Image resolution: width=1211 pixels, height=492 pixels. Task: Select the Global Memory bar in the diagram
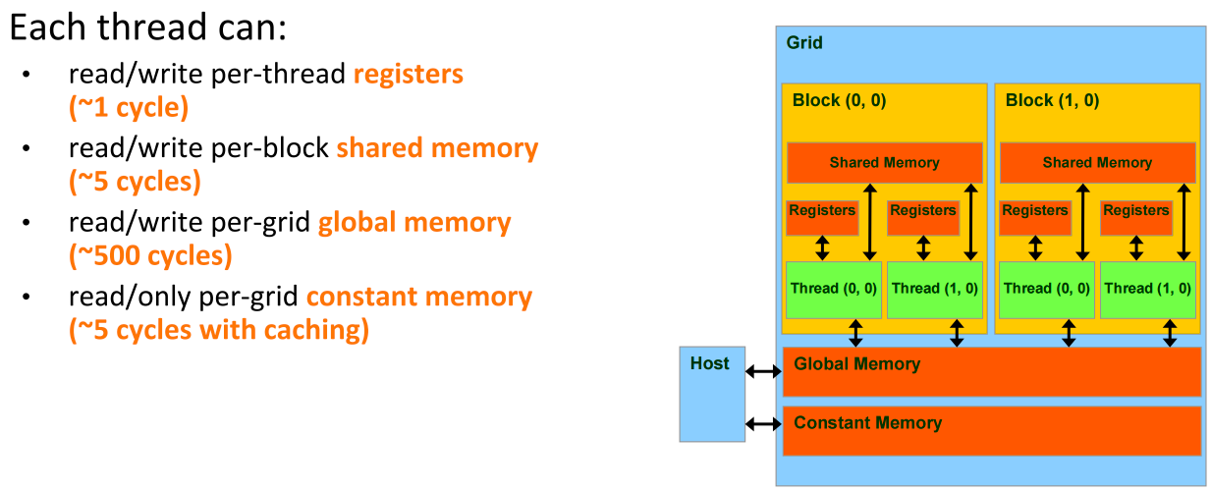991,370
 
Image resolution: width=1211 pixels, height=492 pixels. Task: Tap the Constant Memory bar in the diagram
991,429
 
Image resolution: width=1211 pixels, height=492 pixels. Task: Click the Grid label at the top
804,43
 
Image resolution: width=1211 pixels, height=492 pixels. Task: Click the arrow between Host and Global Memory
762,371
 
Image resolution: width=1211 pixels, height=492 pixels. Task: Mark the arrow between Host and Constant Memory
762,423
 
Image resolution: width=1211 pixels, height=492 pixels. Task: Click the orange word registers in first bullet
408,74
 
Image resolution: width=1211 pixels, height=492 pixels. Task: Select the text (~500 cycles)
150,256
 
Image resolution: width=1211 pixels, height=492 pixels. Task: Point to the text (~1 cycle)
129,107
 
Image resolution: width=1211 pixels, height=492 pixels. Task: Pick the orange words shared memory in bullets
437,148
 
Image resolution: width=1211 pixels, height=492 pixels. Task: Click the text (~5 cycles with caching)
219,330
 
